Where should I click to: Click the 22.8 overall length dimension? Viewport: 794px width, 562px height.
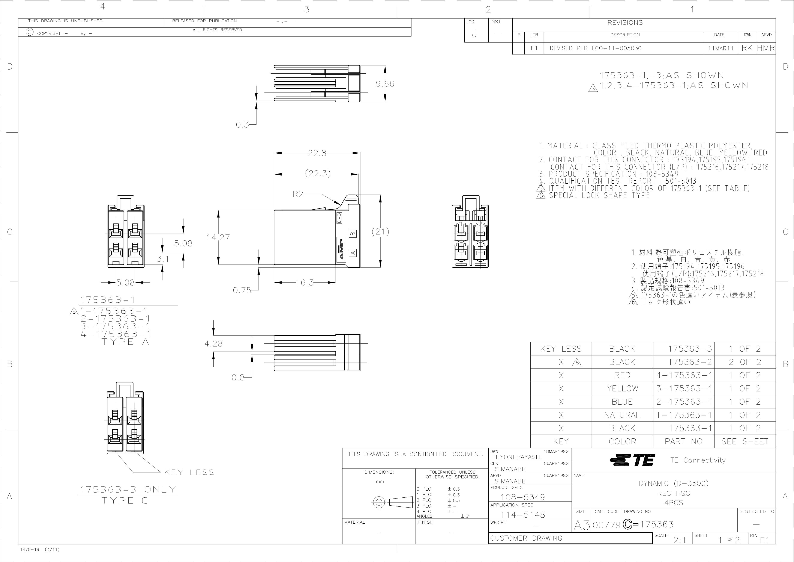coord(317,153)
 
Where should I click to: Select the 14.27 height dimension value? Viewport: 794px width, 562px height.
coord(218,237)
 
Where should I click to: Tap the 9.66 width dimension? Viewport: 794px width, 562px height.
coord(385,84)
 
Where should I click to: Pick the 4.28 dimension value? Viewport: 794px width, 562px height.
coord(213,344)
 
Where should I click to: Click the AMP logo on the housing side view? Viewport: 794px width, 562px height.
coord(341,249)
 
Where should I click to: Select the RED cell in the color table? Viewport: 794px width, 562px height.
coord(622,375)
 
